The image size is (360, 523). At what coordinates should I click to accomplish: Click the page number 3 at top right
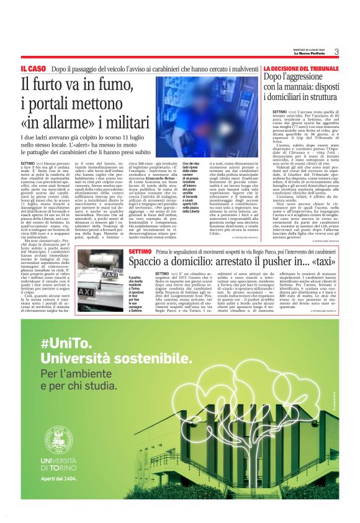pyautogui.click(x=336, y=52)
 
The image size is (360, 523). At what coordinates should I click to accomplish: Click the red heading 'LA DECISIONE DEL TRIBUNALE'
pyautogui.click(x=300, y=68)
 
